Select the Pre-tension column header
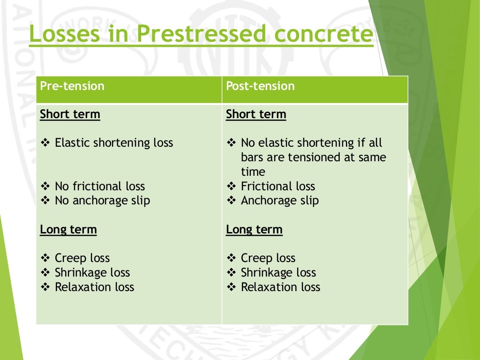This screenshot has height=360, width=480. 72,86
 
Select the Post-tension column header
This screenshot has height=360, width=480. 260,86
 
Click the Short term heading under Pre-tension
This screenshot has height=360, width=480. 70,114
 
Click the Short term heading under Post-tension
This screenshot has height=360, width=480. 256,114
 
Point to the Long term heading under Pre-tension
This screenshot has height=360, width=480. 68,230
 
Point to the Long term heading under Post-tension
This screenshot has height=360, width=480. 255,230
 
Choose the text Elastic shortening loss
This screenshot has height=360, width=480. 114,143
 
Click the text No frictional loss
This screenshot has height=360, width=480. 100,187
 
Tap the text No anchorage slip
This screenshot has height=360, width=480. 102,201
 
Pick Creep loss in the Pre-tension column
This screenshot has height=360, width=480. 82,258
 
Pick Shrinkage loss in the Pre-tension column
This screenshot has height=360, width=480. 92,273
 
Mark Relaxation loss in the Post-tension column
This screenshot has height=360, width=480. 280,287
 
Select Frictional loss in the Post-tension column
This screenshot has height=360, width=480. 278,187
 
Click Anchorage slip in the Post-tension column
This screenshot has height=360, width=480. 280,201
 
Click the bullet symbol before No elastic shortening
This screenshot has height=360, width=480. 231,143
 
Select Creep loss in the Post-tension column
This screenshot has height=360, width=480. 268,258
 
